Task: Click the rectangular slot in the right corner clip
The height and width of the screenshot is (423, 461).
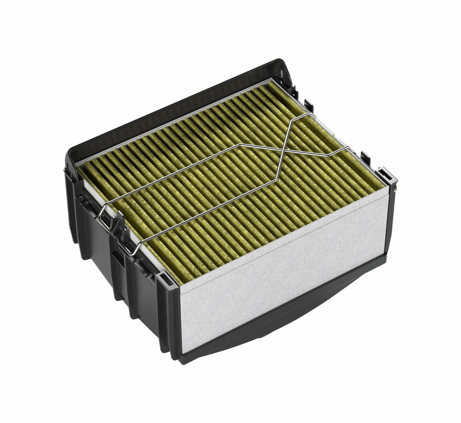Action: [x=385, y=173]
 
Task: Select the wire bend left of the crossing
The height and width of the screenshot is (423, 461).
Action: [x=240, y=145]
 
